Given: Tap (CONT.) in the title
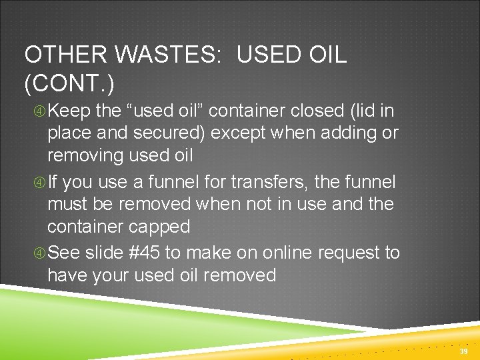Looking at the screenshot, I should [69, 84].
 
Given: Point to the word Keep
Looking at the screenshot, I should [70, 109].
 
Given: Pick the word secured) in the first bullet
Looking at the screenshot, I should [170, 133].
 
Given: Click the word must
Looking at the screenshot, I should [67, 204].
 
